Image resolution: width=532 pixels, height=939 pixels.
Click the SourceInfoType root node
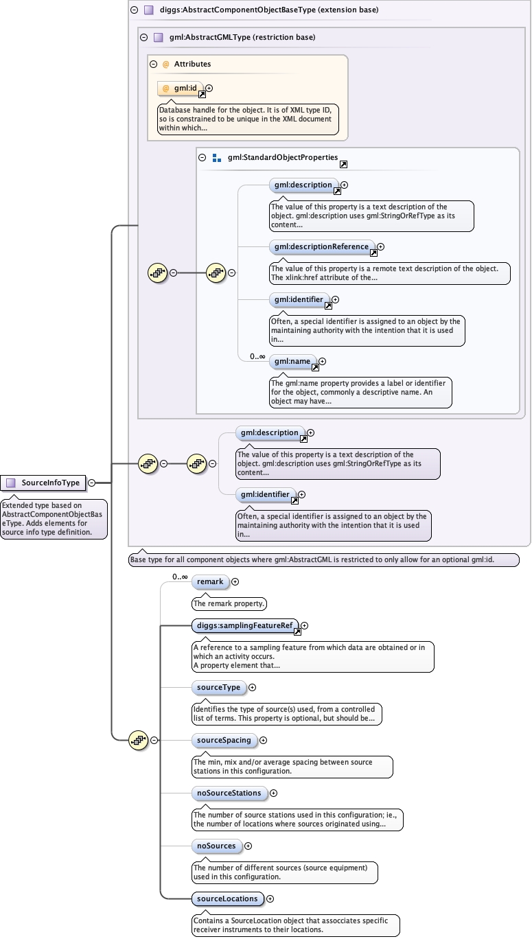click(x=43, y=483)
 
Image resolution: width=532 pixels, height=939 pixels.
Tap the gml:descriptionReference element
click(x=322, y=246)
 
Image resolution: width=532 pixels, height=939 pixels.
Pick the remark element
click(x=210, y=581)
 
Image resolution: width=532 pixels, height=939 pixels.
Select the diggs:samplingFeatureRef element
click(x=245, y=625)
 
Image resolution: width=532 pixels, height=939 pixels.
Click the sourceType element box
click(x=218, y=687)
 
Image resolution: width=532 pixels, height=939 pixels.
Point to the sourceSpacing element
click(x=224, y=740)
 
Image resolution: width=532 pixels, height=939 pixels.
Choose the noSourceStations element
click(x=229, y=793)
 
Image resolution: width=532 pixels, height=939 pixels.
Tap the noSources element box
click(x=216, y=846)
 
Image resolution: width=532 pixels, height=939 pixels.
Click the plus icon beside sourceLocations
click(x=270, y=899)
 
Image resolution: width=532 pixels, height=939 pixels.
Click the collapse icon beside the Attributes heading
click(x=153, y=64)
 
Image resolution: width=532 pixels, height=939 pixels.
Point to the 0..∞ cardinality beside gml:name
click(x=257, y=356)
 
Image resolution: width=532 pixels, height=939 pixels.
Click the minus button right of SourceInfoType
click(x=91, y=483)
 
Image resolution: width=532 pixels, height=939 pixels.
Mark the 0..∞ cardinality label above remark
click(x=180, y=577)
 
